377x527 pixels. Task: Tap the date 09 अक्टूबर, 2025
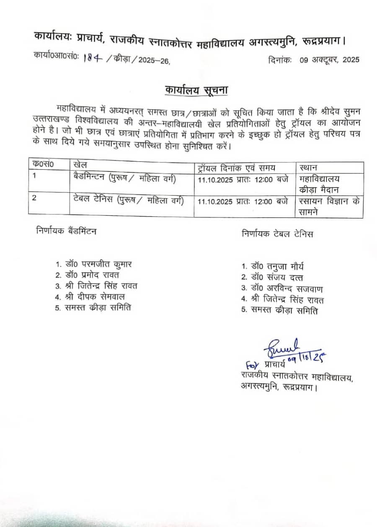tap(329, 60)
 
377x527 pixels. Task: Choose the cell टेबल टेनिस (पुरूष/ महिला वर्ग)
tap(128, 201)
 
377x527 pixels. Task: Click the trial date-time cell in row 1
tap(243, 180)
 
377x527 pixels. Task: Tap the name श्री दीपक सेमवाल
tap(90, 297)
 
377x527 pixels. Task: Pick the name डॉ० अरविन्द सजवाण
tap(281, 289)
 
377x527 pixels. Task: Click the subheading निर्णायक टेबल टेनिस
tap(277, 234)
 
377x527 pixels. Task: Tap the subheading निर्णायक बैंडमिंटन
tap(66, 230)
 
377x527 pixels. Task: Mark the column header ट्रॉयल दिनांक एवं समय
tap(237, 168)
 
